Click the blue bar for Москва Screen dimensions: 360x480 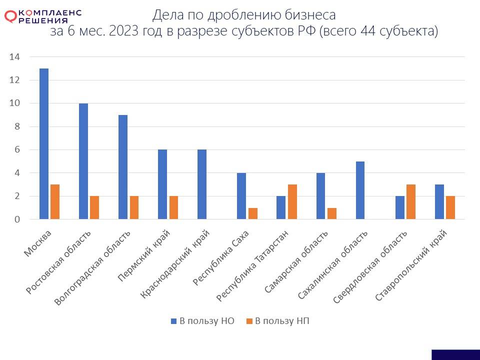tap(44, 144)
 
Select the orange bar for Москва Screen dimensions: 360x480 tap(55, 202)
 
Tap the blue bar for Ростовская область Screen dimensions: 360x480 tap(83, 161)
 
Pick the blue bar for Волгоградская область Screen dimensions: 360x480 tap(123, 167)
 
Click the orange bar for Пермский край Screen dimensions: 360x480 tap(173, 207)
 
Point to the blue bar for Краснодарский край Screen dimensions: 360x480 tap(202, 184)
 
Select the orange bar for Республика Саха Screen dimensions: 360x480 tap(252, 213)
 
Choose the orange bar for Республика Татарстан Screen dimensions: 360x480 tap(292, 202)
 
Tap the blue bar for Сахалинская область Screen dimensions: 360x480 tap(360, 190)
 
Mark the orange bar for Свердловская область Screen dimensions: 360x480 tap(410, 202)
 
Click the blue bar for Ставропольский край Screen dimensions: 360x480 tap(439, 202)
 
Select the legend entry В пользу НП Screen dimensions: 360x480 tap(277, 321)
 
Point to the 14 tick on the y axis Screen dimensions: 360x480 tap(14, 57)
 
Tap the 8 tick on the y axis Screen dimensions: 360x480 tap(16, 126)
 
